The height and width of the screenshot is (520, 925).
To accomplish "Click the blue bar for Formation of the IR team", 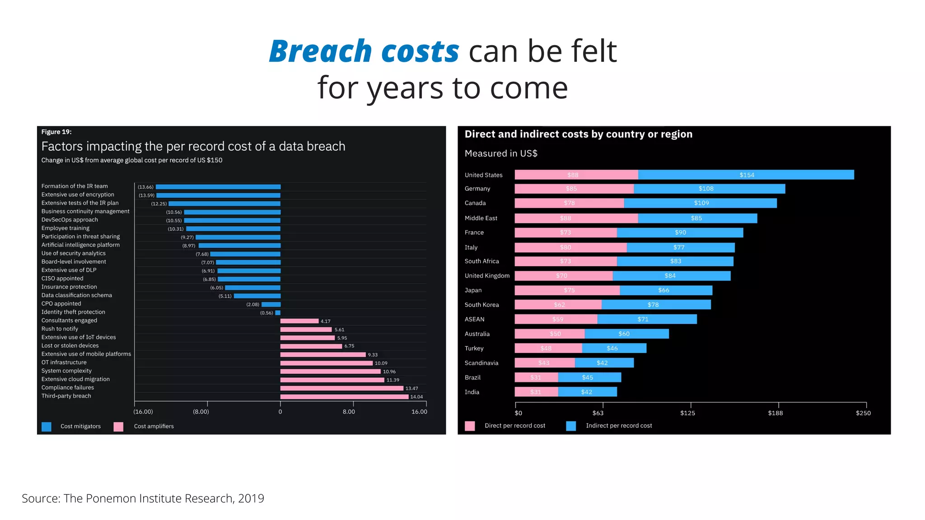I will pyautogui.click(x=218, y=187).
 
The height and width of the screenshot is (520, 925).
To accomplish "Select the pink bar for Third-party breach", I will pyautogui.click(x=344, y=397).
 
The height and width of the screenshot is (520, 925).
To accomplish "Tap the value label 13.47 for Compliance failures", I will pyautogui.click(x=411, y=388).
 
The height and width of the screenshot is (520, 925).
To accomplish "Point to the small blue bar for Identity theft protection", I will pyautogui.click(x=278, y=313).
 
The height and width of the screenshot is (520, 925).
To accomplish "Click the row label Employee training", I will pyautogui.click(x=65, y=228).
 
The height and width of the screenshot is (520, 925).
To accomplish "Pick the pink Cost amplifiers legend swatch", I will pyautogui.click(x=118, y=427).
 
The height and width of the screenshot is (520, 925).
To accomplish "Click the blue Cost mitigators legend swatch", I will pyautogui.click(x=47, y=427).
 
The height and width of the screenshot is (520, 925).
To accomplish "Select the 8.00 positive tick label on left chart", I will pyautogui.click(x=349, y=412).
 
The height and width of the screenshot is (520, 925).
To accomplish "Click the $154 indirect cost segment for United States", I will pyautogui.click(x=746, y=175).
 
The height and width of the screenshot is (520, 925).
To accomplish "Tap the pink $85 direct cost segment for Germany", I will pyautogui.click(x=574, y=189).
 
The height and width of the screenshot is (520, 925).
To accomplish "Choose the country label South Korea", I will pyautogui.click(x=481, y=305).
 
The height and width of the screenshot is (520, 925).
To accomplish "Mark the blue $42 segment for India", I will pyautogui.click(x=587, y=392).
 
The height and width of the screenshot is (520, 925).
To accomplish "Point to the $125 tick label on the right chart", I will pyautogui.click(x=687, y=413).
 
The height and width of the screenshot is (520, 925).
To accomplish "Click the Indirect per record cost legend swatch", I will pyautogui.click(x=571, y=426).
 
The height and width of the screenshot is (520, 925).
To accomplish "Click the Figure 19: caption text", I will pyautogui.click(x=56, y=132).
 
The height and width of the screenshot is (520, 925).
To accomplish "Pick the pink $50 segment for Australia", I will pyautogui.click(x=550, y=334).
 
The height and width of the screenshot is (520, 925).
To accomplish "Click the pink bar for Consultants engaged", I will pyautogui.click(x=299, y=321).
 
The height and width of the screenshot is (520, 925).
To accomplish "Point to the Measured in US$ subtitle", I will pyautogui.click(x=501, y=153).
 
